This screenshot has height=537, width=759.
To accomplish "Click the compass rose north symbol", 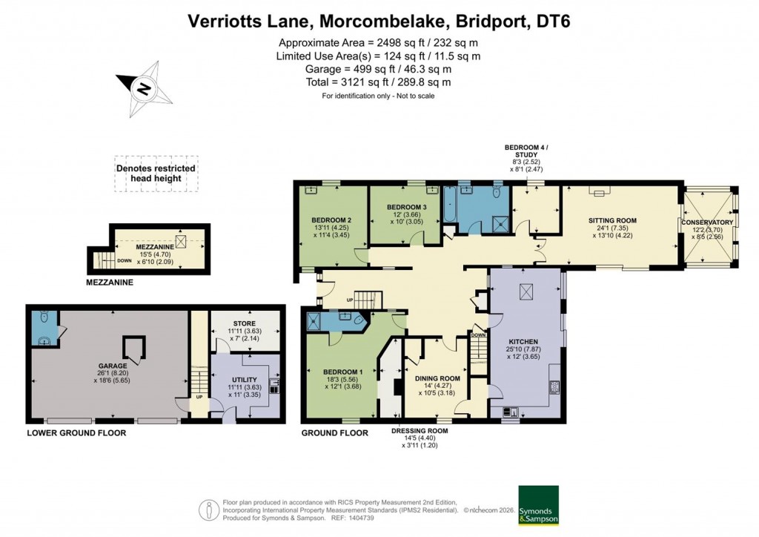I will click(144, 90).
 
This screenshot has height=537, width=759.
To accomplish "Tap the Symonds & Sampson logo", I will click(537, 506).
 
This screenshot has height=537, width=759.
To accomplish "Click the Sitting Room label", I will click(612, 221).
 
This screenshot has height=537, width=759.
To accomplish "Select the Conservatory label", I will click(707, 223).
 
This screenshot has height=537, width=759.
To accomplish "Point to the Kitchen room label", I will click(523, 342).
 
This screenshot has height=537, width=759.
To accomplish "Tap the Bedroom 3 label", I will click(407, 206).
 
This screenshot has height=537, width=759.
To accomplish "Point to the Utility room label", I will click(244, 379).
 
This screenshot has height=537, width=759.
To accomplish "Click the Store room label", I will click(244, 324).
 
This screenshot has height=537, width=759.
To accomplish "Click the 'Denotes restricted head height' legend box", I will click(156, 174).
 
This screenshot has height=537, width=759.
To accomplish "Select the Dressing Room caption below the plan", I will click(420, 431).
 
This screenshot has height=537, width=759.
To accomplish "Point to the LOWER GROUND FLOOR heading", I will click(76, 432).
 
